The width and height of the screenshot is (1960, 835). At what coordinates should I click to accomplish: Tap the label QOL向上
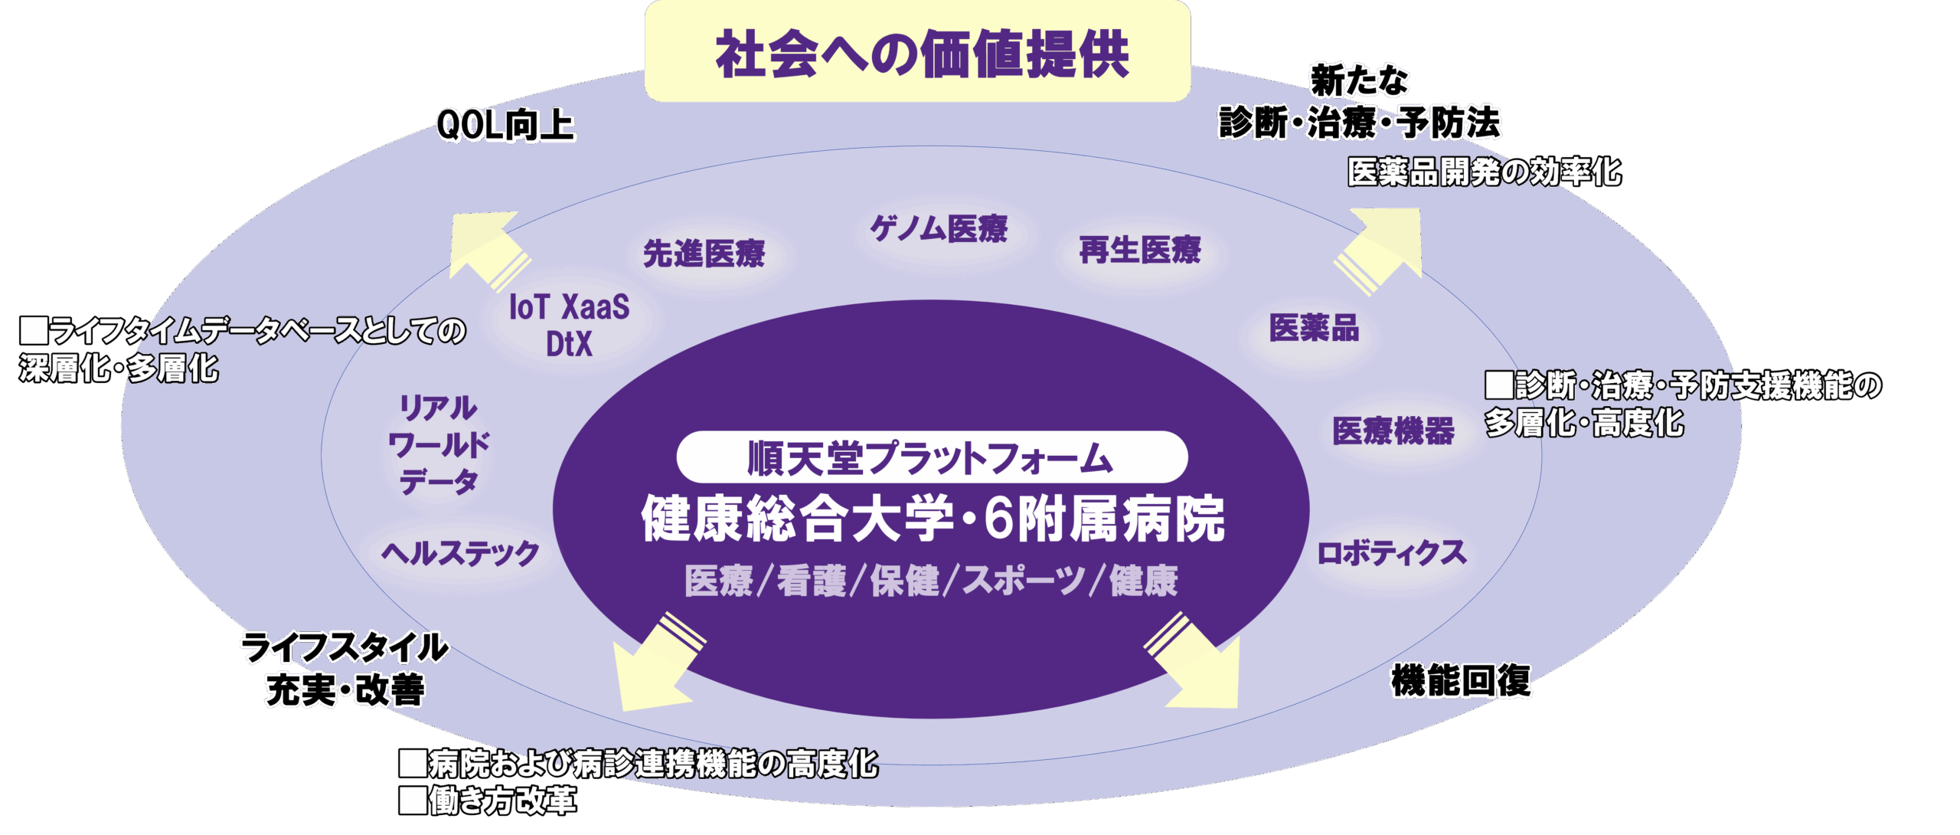pos(505,125)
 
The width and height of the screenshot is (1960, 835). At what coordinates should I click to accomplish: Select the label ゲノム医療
pos(939,228)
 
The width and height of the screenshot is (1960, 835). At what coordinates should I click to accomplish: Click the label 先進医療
pos(704,254)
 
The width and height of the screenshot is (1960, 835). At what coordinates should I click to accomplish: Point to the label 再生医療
pos(1140,250)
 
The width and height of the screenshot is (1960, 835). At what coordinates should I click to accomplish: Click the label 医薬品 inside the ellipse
pos(1314,328)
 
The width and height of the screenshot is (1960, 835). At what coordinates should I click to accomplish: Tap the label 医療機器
pos(1393,431)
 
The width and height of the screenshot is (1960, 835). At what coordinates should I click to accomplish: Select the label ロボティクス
pos(1391,552)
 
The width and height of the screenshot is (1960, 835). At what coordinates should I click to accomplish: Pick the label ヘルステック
pos(461,552)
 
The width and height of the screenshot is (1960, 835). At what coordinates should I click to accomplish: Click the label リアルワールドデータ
pos(439,444)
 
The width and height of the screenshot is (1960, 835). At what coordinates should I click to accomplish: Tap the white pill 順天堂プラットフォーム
pos(932,457)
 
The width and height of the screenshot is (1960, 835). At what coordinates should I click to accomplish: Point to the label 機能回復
pos(1461,680)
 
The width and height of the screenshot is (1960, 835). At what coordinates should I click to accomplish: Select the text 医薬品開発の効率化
pos(1485,172)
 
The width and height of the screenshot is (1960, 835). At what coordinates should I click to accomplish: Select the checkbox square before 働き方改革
pos(413,801)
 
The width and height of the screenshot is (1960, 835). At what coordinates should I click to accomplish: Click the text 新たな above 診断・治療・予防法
pos(1360,80)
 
